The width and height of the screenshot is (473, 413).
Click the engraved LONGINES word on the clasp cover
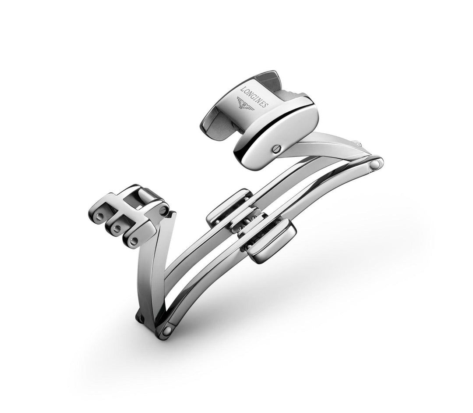[254, 97]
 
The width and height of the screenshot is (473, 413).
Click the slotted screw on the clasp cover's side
[277, 148]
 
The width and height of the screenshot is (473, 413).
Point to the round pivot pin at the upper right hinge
[375, 164]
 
